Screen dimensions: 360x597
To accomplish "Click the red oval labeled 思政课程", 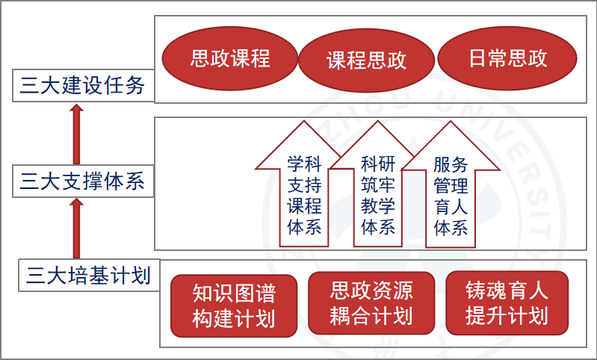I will [x=229, y=59].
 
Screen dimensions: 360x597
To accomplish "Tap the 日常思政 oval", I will [x=507, y=59].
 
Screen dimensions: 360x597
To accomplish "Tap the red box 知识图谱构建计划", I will [x=234, y=305].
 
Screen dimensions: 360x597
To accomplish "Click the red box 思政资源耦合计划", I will [x=371, y=303].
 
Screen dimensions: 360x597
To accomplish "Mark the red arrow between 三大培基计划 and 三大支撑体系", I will [x=75, y=228].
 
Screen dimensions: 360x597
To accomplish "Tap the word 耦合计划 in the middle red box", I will [x=371, y=316].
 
